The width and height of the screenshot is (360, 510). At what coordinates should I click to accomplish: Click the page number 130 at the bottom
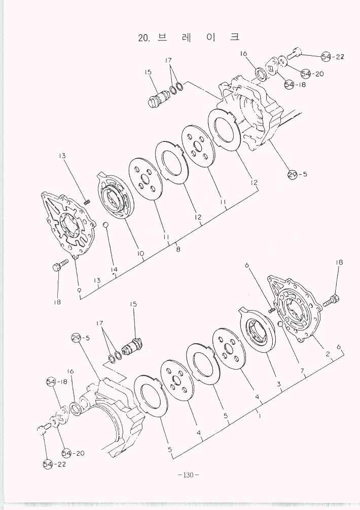[188, 475]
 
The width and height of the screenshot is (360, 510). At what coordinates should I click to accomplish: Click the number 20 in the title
[143, 38]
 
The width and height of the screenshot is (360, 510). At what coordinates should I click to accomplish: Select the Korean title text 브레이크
[199, 37]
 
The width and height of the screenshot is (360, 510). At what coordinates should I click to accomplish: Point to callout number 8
[178, 249]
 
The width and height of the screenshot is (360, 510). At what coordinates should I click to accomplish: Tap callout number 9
[79, 290]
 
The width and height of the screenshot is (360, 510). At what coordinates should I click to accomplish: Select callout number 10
[140, 253]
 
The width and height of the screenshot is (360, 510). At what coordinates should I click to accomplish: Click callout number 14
[114, 269]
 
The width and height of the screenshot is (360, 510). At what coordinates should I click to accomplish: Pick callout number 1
[259, 416]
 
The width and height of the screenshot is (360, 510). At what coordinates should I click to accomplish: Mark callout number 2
[328, 354]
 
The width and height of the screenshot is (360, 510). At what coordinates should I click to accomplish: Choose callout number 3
[279, 384]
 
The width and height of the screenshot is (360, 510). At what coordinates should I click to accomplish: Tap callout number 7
[302, 371]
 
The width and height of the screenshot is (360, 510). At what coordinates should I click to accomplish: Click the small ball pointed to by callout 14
[105, 225]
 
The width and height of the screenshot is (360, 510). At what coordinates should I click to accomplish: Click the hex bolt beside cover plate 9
[60, 265]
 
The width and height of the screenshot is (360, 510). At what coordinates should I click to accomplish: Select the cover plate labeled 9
[68, 225]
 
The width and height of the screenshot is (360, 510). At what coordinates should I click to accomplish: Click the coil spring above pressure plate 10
[87, 203]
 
